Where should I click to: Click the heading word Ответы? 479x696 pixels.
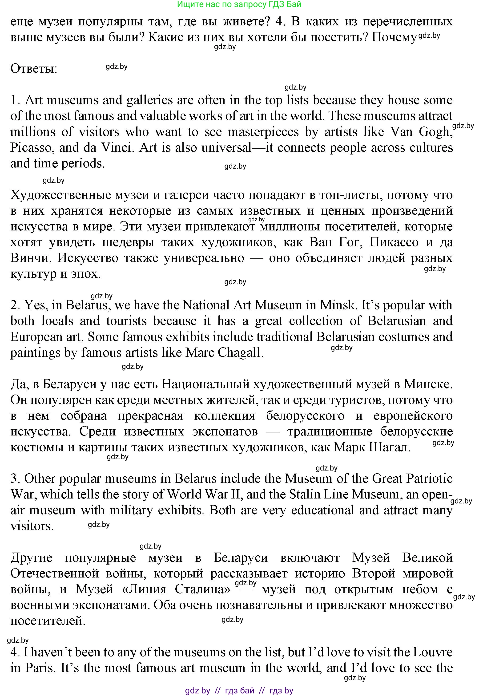[x=34, y=69]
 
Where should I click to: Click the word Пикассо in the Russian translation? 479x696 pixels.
[x=394, y=242]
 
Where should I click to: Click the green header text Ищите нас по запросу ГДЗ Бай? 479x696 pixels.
[x=239, y=4]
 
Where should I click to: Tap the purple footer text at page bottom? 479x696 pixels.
[x=239, y=691]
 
